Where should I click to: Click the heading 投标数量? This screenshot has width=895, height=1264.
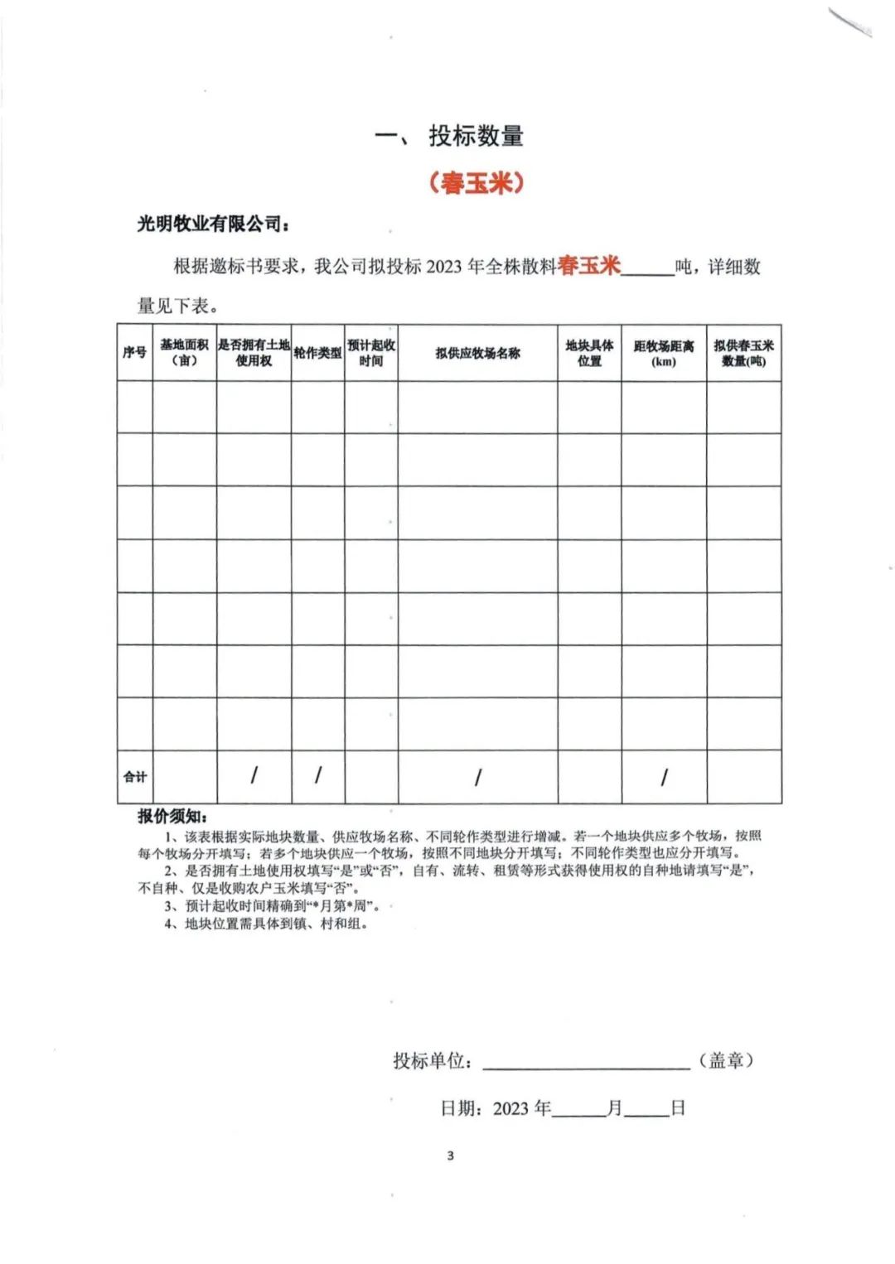click(476, 136)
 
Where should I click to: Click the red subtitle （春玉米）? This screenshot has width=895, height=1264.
click(476, 181)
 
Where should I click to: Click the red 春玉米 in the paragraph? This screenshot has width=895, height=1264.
click(589, 266)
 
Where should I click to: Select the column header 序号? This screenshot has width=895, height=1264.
click(134, 353)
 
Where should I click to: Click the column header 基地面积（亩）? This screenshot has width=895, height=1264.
click(184, 353)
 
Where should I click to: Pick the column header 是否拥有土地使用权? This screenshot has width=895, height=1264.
click(254, 353)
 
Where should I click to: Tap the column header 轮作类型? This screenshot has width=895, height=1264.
click(317, 353)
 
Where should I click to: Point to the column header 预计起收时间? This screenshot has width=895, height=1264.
click(370, 353)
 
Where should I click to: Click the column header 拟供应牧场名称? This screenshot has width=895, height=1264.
click(477, 353)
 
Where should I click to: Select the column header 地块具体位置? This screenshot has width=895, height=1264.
click(589, 353)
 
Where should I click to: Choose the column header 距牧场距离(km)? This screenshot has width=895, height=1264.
click(664, 353)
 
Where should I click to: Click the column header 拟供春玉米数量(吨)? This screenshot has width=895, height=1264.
click(743, 353)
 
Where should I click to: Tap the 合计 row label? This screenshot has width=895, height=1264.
click(134, 777)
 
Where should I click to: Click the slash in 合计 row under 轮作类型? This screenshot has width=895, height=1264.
click(317, 775)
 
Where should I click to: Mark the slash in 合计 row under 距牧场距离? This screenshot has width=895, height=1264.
click(664, 777)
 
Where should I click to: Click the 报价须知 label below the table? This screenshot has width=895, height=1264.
click(172, 817)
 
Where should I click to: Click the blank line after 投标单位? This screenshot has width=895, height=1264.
click(586, 1061)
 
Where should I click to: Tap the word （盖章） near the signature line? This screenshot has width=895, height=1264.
click(727, 1060)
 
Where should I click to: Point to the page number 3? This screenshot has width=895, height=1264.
click(450, 1155)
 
